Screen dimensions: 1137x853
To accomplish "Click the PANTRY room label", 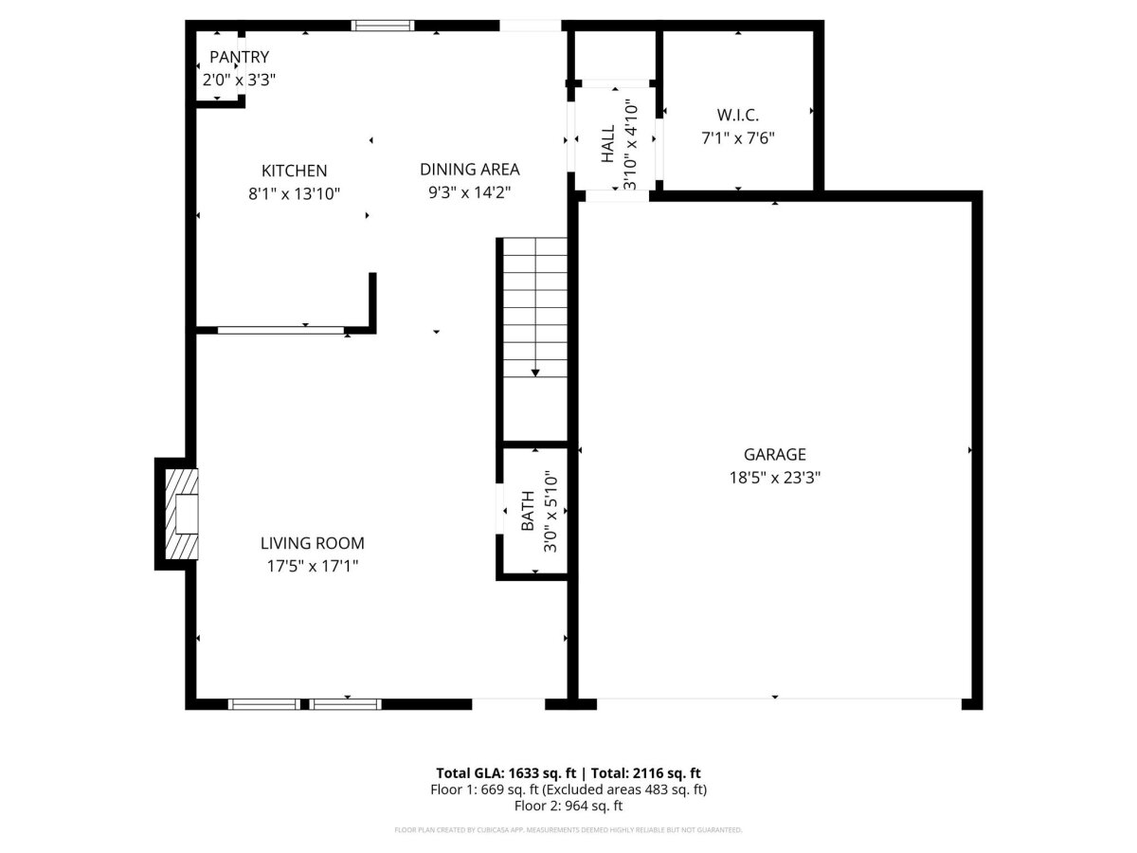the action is click(239, 57).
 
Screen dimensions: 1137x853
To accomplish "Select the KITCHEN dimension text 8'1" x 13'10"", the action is click(295, 193).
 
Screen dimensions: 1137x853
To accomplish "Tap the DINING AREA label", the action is click(469, 170).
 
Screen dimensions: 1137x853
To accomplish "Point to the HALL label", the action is click(607, 143).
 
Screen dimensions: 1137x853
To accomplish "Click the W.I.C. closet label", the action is click(737, 115).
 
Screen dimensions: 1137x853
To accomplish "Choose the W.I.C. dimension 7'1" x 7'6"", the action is click(737, 138).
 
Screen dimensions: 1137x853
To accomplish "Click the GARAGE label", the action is click(774, 454).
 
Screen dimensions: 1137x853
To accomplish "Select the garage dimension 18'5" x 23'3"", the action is click(774, 478).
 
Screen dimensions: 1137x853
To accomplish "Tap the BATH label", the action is click(528, 511).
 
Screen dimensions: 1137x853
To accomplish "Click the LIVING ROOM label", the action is click(313, 543).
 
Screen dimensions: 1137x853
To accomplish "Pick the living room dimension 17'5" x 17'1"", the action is click(313, 566).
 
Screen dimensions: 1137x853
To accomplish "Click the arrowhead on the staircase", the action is click(535, 372).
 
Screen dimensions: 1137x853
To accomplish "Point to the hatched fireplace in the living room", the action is click(181, 514).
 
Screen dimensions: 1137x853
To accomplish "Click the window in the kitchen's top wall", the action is click(383, 26).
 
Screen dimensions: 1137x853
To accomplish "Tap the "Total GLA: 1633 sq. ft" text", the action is click(506, 773).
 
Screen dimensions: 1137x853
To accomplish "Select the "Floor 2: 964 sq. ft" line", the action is click(568, 806).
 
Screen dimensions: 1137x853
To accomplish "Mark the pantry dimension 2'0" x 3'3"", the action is click(239, 80).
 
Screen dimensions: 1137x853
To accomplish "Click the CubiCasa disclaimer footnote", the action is click(568, 830).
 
